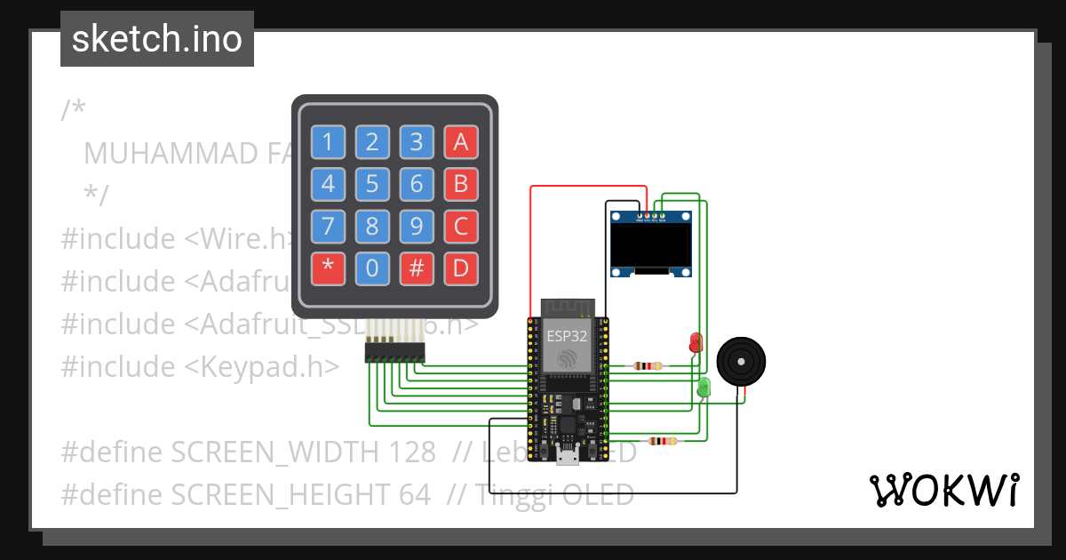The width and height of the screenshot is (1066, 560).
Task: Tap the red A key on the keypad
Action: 460,142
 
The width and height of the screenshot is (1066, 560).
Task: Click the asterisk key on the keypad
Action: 328,268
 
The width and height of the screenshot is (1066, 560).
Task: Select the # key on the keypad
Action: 417,268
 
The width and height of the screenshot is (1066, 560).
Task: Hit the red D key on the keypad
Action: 460,268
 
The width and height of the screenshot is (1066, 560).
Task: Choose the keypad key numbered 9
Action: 417,227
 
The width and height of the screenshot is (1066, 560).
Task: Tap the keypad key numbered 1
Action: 328,142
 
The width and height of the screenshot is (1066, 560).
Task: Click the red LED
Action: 695,342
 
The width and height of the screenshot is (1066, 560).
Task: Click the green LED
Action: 704,387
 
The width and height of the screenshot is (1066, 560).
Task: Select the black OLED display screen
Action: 651,244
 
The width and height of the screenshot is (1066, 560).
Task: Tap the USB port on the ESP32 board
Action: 566,457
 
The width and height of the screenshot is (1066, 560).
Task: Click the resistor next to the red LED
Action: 647,365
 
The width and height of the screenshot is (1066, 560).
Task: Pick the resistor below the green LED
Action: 661,441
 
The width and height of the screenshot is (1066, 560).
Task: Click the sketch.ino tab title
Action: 157,39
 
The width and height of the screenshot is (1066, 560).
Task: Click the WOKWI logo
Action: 943,490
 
